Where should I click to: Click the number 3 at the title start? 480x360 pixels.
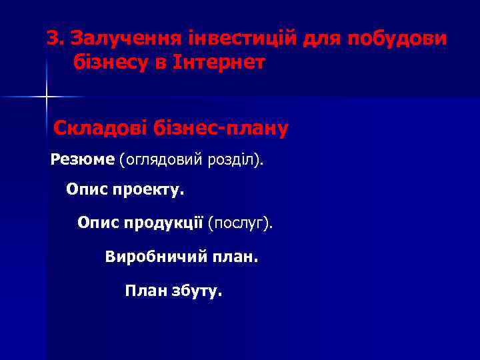click(52, 39)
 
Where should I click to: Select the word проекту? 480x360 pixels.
click(151, 191)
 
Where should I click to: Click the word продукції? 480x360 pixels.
click(163, 222)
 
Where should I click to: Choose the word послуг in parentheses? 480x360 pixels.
click(239, 222)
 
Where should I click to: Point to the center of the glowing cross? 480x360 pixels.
click(47, 98)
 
